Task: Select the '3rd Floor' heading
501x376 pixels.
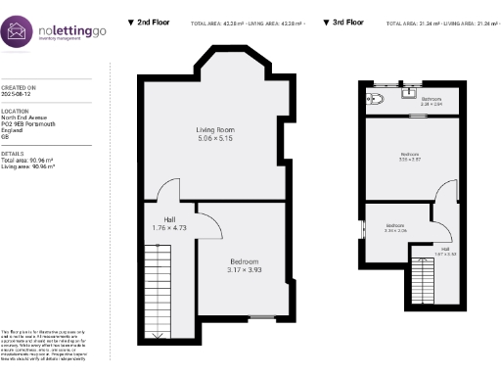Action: (346, 21)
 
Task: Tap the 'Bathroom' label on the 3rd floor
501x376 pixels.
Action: (432, 100)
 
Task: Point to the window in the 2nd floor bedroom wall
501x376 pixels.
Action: (260, 317)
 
